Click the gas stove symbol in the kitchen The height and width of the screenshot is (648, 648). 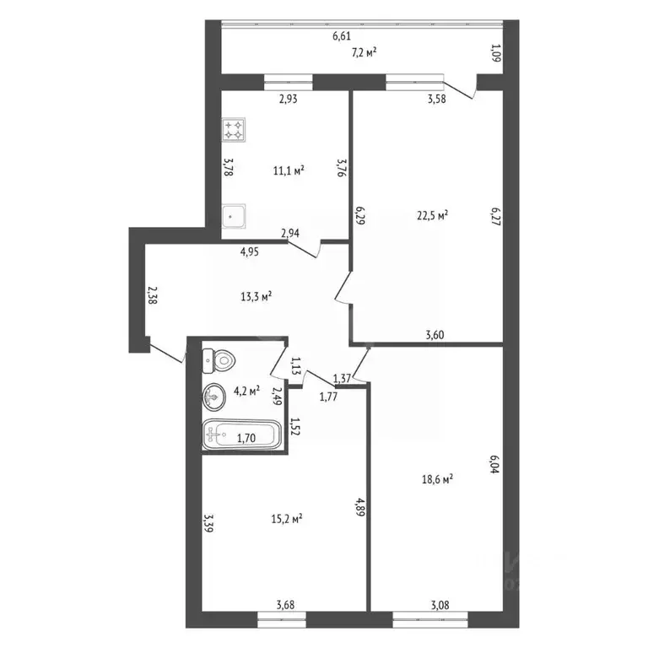(234, 130)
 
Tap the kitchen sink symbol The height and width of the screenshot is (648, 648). (234, 216)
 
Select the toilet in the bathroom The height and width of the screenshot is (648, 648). (219, 360)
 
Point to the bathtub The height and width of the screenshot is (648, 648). (242, 435)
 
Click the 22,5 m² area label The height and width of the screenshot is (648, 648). (433, 216)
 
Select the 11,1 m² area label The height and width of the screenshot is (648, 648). (289, 170)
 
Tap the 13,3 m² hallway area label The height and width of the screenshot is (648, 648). (256, 296)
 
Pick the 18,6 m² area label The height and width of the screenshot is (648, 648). (437, 479)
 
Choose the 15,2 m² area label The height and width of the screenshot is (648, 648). (287, 519)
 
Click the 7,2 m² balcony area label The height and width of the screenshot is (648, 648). (364, 52)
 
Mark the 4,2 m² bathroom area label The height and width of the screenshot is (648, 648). (246, 391)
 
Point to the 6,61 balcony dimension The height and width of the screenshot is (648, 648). (342, 36)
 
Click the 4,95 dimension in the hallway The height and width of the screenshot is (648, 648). (250, 251)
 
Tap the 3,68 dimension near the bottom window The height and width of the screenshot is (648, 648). (285, 606)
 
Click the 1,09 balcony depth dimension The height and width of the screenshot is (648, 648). (496, 53)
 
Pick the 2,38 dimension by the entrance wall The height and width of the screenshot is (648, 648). (152, 295)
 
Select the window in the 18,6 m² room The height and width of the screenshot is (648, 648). (430, 619)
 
